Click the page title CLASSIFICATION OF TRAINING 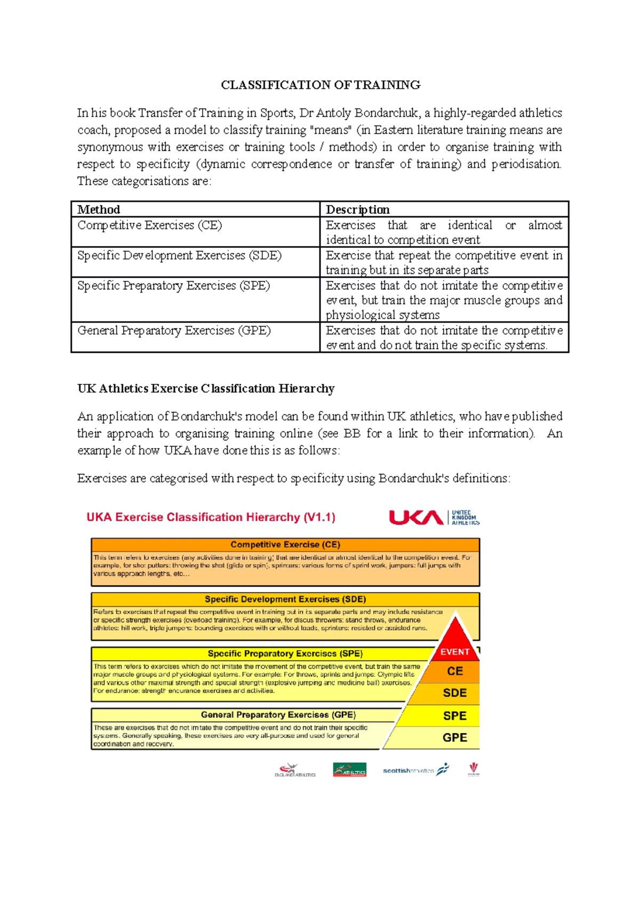pyautogui.click(x=321, y=85)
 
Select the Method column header pyautogui.click(x=99, y=209)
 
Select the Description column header pyautogui.click(x=357, y=209)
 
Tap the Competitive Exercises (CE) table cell pyautogui.click(x=150, y=225)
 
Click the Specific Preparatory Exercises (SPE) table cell pyautogui.click(x=173, y=286)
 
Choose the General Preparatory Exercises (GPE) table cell pyautogui.click(x=174, y=331)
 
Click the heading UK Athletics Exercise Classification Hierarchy pyautogui.click(x=206, y=389)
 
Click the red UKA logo pyautogui.click(x=416, y=518)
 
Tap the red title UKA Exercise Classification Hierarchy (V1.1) pyautogui.click(x=211, y=517)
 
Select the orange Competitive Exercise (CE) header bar pyautogui.click(x=285, y=545)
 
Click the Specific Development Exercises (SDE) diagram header pyautogui.click(x=285, y=599)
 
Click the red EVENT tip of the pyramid pyautogui.click(x=455, y=645)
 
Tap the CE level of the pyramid pyautogui.click(x=455, y=672)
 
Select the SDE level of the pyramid pyautogui.click(x=455, y=693)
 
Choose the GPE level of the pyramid pyautogui.click(x=455, y=738)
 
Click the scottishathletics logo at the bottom pyautogui.click(x=415, y=770)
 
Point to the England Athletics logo pyautogui.click(x=295, y=771)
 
